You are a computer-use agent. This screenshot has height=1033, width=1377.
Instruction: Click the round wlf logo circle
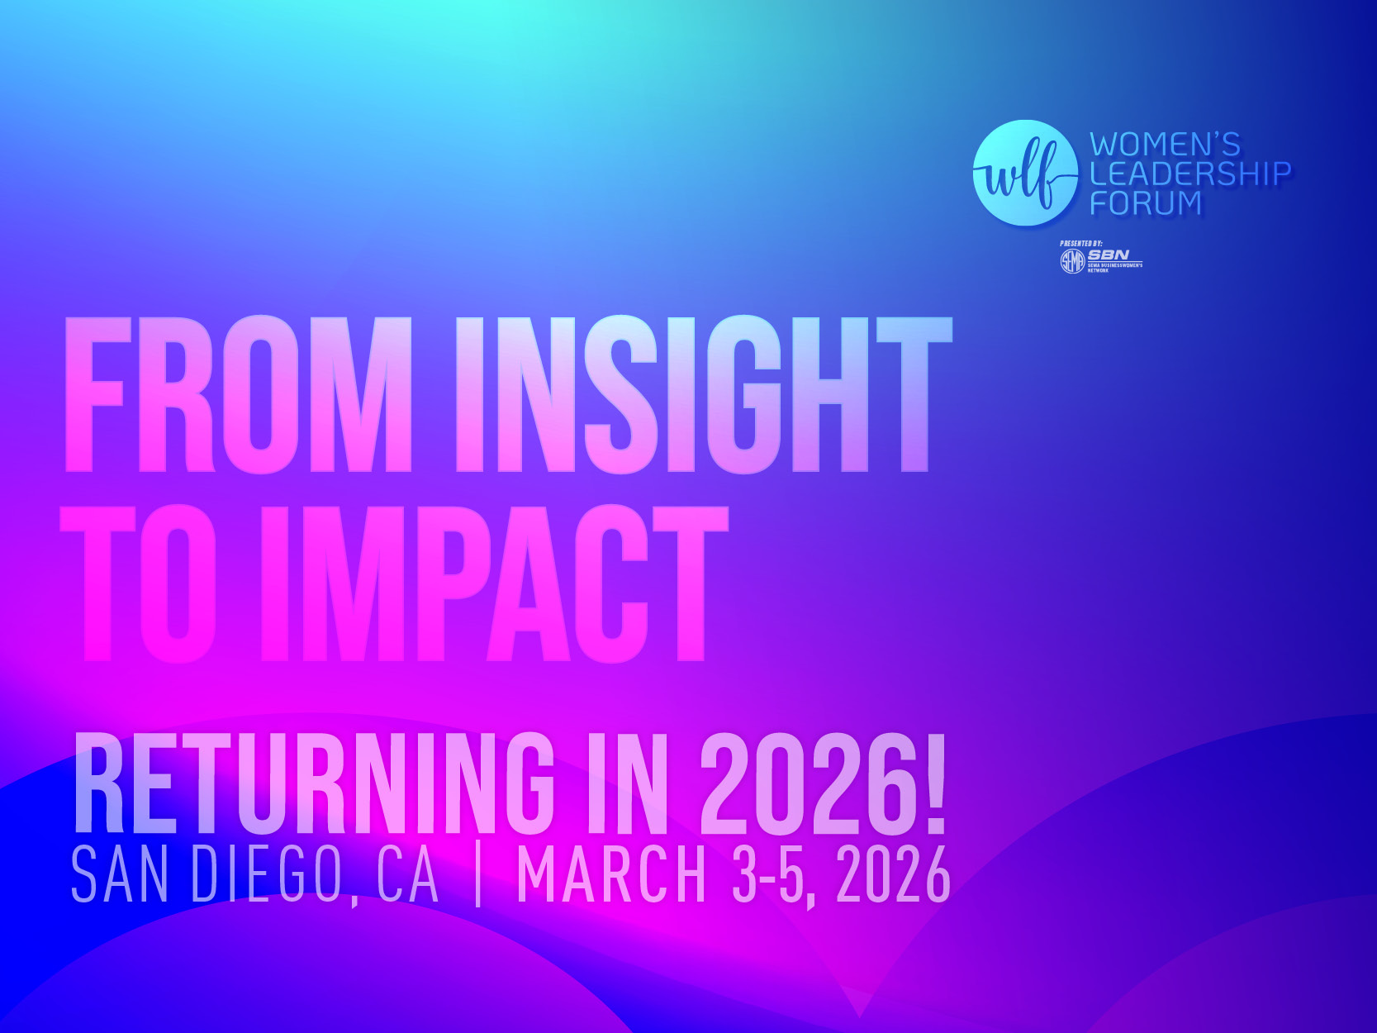pyautogui.click(x=1025, y=174)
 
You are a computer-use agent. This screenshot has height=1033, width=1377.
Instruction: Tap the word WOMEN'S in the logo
pyautogui.click(x=1165, y=145)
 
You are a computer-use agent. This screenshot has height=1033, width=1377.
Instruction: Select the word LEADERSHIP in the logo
pyautogui.click(x=1189, y=174)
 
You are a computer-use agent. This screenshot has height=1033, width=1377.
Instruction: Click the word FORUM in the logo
pyautogui.click(x=1146, y=202)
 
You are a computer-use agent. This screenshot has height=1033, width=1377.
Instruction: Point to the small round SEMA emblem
pyautogui.click(x=1071, y=262)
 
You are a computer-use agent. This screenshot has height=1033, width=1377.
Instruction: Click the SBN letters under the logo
pyautogui.click(x=1108, y=255)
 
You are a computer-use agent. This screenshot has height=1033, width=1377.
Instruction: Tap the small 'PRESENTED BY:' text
pyautogui.click(x=1080, y=244)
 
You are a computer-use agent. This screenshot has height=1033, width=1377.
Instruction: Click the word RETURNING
pyautogui.click(x=314, y=785)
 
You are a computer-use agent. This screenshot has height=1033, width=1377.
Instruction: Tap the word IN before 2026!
pyautogui.click(x=625, y=785)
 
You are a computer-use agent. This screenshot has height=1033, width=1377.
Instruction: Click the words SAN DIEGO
pyautogui.click(x=207, y=874)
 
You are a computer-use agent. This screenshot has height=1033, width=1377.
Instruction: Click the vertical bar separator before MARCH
pyautogui.click(x=478, y=874)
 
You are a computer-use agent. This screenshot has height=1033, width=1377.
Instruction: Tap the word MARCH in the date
pyautogui.click(x=611, y=874)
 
